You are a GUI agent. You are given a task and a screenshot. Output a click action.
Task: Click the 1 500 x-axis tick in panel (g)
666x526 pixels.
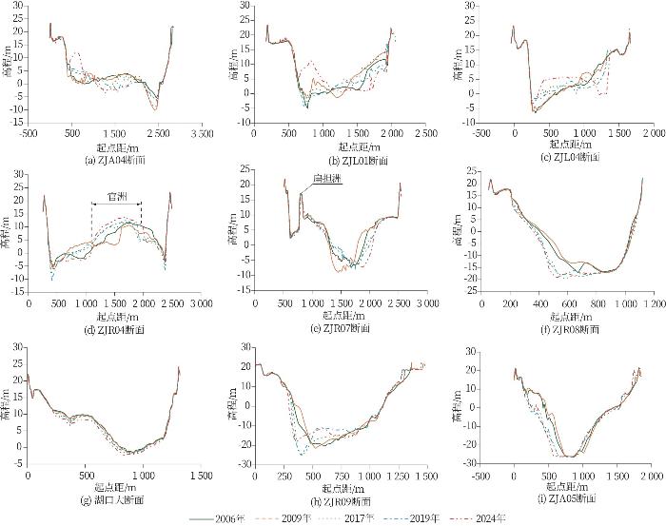[201, 476]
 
